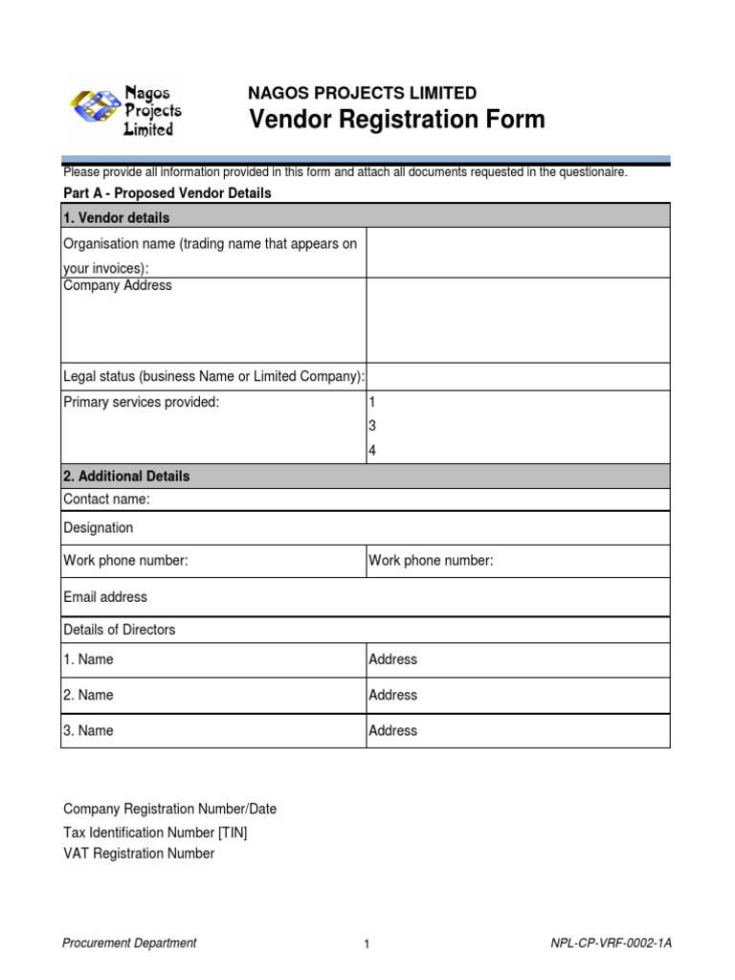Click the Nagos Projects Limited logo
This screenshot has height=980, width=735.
[x=125, y=110]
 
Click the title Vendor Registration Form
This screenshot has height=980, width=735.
[x=396, y=121]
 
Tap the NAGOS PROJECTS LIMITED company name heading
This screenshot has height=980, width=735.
[x=362, y=93]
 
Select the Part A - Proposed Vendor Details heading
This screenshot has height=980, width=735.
[x=167, y=193]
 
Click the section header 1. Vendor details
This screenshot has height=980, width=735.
[x=116, y=218]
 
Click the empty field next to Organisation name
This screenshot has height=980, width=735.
[x=518, y=253]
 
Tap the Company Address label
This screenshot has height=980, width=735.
[x=118, y=286]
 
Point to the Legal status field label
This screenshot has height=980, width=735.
[x=213, y=376]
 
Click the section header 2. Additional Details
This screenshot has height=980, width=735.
[x=126, y=476]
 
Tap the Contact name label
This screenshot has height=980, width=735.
[x=106, y=499]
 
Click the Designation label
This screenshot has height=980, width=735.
[x=98, y=528]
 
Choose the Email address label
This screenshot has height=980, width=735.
[x=105, y=597]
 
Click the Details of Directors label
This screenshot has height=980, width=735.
[x=119, y=630]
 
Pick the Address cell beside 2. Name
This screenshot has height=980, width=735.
[x=393, y=695]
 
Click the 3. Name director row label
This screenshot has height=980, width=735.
[x=88, y=730]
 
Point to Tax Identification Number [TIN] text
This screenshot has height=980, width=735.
[x=155, y=832]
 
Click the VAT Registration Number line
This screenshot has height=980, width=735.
[x=139, y=854]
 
